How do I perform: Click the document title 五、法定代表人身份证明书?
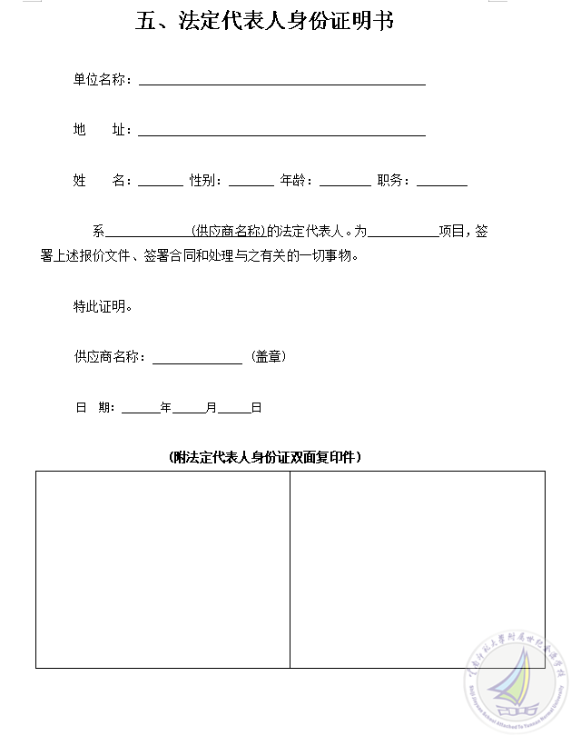[x=265, y=22]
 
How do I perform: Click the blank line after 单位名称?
[x=281, y=81]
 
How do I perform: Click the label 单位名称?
[x=103, y=80]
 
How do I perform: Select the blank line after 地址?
[x=281, y=132]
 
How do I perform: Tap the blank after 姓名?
[x=160, y=182]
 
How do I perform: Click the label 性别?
[x=205, y=181]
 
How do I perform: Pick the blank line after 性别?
[x=251, y=182]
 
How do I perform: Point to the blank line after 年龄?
[x=345, y=182]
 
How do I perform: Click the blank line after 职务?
[x=441, y=182]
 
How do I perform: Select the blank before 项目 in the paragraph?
[x=403, y=234]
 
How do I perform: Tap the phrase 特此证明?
[x=103, y=307]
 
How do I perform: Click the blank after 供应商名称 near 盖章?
[x=197, y=360]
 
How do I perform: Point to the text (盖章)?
[x=268, y=357]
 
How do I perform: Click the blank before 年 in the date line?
[x=141, y=410]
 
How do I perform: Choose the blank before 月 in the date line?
[x=189, y=410]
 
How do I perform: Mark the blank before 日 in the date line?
[x=234, y=410]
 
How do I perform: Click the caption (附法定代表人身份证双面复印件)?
[x=265, y=457]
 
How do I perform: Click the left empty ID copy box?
[x=163, y=570]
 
